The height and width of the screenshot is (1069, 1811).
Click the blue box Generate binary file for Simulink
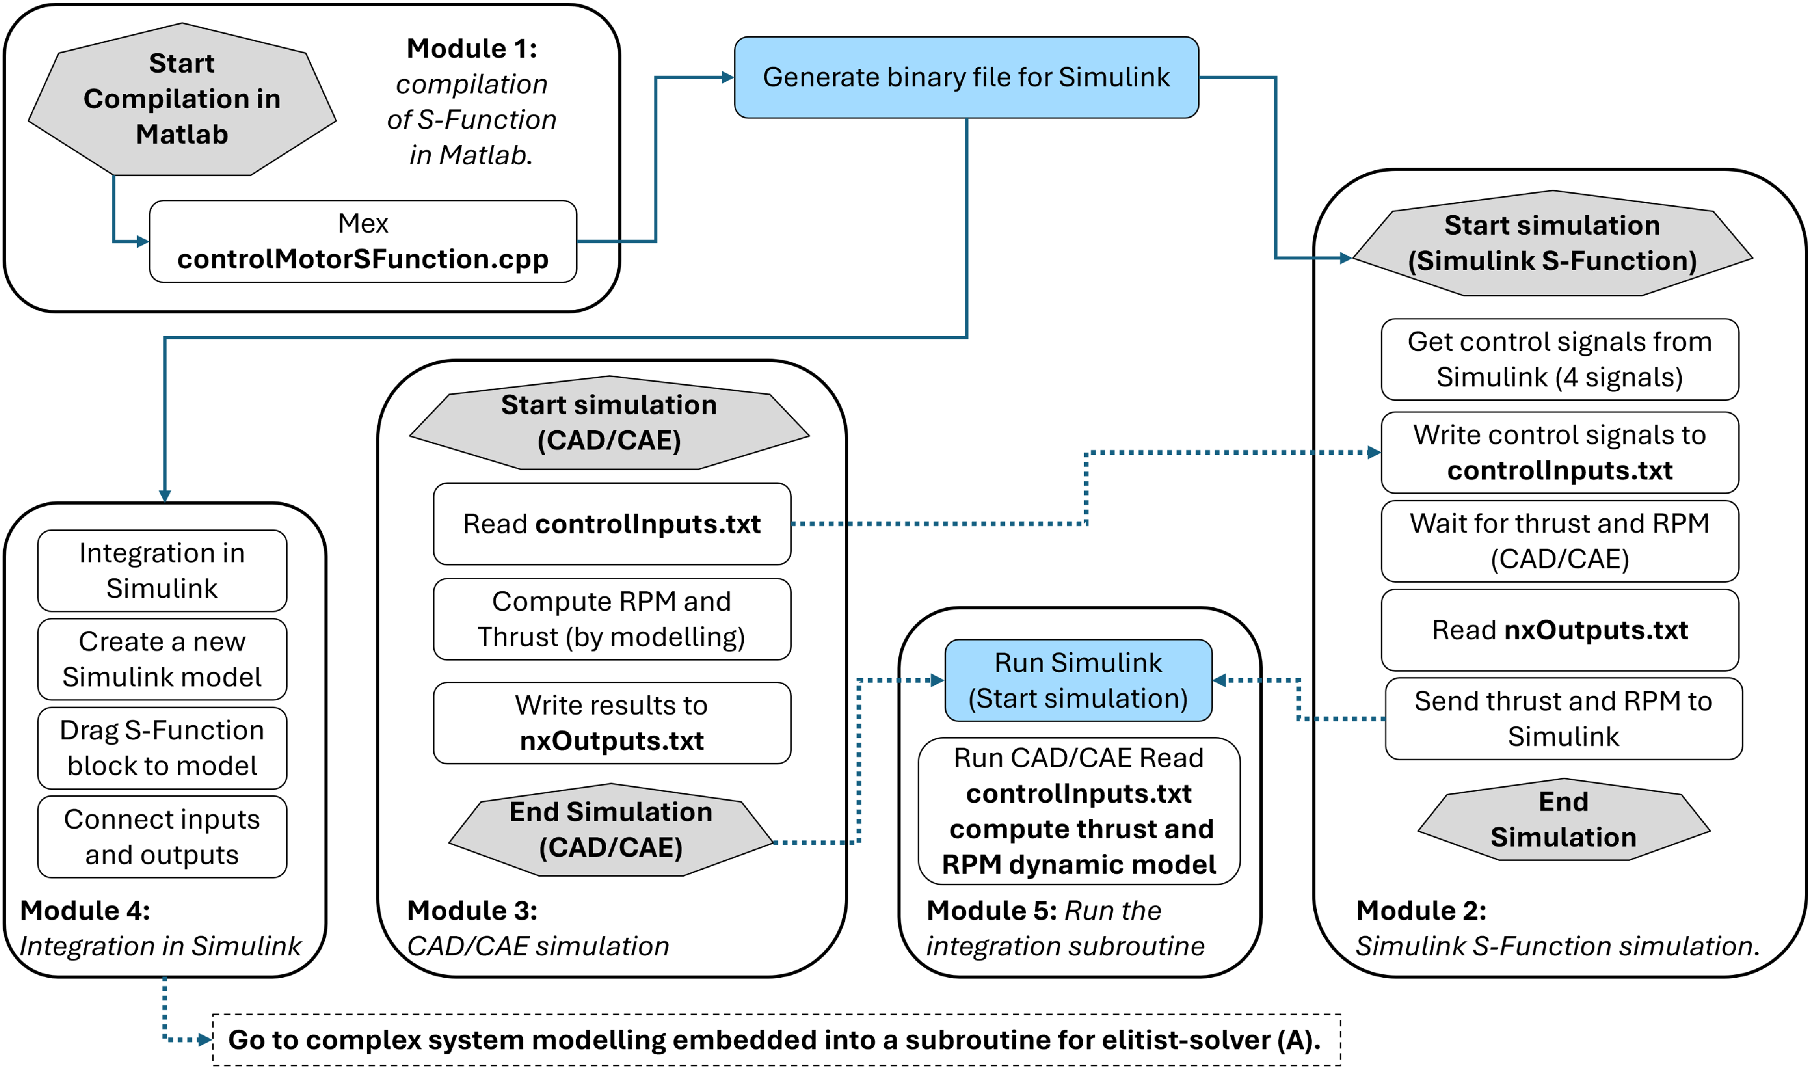966,77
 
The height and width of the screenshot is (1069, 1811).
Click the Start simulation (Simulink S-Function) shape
1552,243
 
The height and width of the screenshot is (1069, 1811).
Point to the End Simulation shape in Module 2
1563,819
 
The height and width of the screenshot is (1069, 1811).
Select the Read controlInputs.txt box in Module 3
612,524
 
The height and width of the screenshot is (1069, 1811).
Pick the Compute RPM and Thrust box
612,619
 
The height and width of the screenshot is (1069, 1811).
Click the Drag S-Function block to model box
162,748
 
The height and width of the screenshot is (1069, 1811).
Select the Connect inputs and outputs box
162,836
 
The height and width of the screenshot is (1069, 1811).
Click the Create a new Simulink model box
162,659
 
